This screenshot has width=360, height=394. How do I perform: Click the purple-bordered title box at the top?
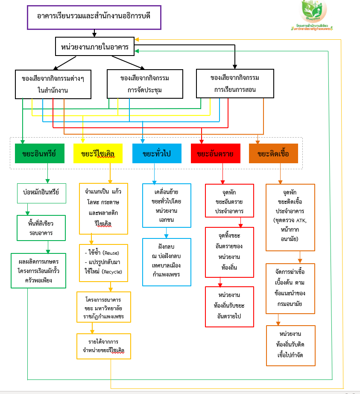point(94,18)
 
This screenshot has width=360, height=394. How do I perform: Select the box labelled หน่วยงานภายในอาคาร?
point(95,46)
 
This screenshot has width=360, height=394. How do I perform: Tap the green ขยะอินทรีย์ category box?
point(40,154)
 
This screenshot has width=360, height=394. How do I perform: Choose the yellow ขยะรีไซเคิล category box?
point(98,154)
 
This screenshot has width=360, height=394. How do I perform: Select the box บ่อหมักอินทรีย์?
point(41,193)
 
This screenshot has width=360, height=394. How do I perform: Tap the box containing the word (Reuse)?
point(103,263)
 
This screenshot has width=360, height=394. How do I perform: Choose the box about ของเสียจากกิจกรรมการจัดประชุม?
point(145,84)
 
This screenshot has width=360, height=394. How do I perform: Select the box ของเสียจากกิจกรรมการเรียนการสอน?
point(235,83)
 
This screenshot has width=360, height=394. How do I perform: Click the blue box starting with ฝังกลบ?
point(167,262)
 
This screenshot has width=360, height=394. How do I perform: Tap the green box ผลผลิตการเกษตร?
point(39,271)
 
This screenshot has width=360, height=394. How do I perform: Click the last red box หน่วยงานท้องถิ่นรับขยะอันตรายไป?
point(229,306)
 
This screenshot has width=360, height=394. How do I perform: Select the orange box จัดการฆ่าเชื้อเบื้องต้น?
point(290,288)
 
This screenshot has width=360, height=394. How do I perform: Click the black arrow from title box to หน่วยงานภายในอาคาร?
point(94,33)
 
